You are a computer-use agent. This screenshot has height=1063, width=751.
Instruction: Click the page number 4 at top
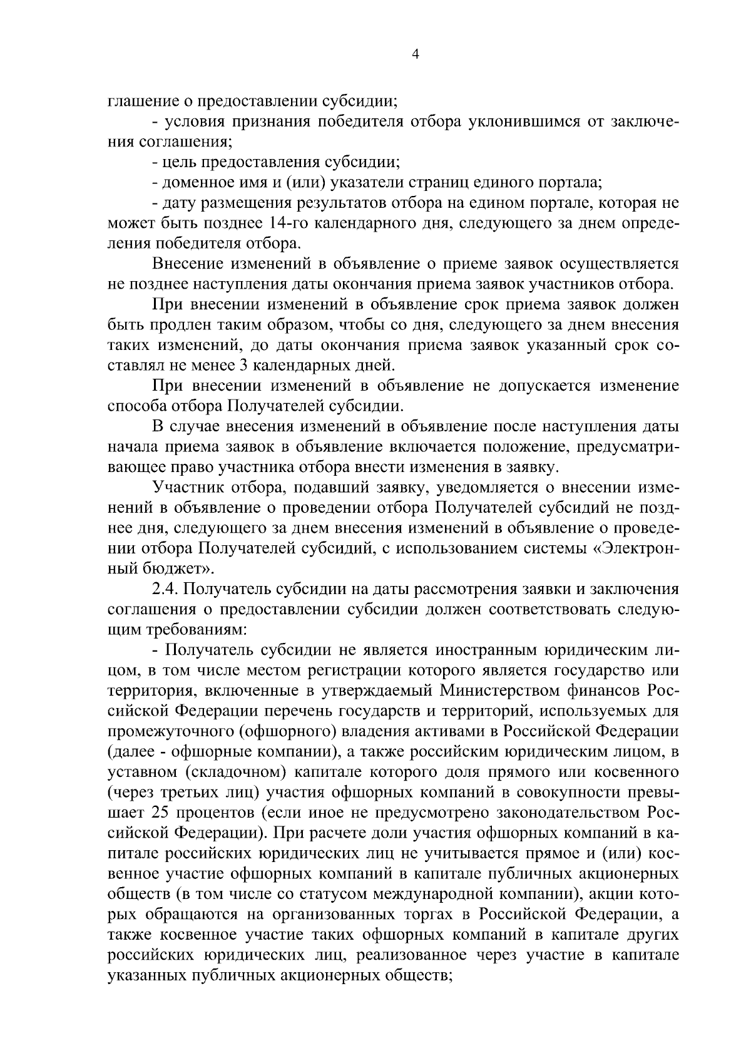pos(414,54)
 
